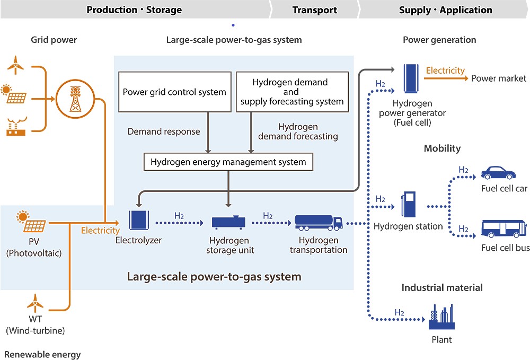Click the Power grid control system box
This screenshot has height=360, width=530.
(x=175, y=92)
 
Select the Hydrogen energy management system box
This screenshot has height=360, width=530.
(x=228, y=162)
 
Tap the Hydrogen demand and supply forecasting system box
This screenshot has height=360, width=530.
(x=292, y=92)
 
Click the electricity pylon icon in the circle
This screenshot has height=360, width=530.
(x=75, y=99)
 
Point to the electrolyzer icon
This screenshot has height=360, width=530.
(x=138, y=220)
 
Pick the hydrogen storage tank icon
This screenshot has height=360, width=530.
(x=229, y=223)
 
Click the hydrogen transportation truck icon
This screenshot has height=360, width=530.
(x=319, y=223)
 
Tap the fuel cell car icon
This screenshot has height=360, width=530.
(x=498, y=172)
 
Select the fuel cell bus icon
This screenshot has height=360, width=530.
(x=504, y=229)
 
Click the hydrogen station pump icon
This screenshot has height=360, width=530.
(x=408, y=204)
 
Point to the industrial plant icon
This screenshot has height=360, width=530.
(x=441, y=317)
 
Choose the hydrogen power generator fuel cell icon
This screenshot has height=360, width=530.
(x=411, y=78)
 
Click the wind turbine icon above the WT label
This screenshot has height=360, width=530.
(x=35, y=303)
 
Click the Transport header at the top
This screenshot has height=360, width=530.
(x=315, y=10)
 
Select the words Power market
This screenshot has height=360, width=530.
(x=499, y=78)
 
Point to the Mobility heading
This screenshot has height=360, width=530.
(x=442, y=148)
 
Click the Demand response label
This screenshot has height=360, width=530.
(x=164, y=131)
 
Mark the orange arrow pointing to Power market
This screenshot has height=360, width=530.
(x=446, y=78)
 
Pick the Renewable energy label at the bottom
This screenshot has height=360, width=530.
(x=42, y=355)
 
